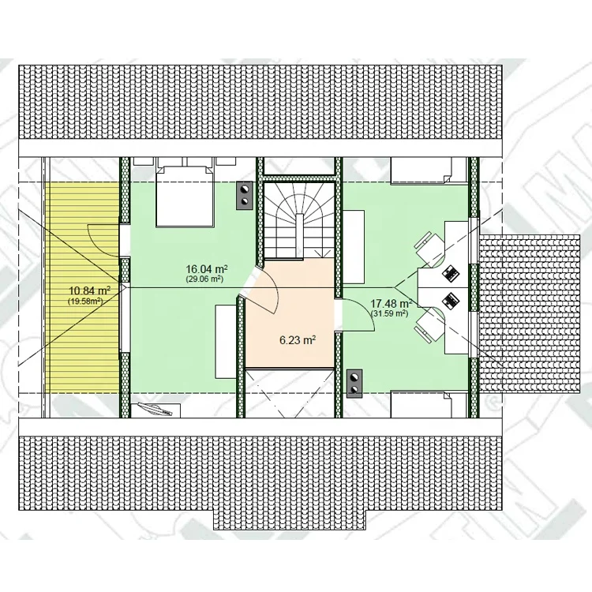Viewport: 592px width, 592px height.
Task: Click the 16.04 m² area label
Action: pos(207,269)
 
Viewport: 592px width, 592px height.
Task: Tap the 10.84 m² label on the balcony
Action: pos(89,290)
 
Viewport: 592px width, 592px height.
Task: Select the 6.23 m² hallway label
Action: pos(298,340)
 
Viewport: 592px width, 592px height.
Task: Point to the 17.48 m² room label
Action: pos(391,304)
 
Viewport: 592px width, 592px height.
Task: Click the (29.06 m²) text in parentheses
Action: pos(204,279)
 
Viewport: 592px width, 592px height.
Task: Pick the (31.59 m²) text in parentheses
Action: pos(390,313)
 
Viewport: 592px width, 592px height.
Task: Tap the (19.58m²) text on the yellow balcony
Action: pos(86,301)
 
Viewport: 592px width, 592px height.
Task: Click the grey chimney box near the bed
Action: pos(245,195)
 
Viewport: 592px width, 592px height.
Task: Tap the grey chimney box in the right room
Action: pos(354,383)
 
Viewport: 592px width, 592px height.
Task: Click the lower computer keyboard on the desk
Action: pos(450,301)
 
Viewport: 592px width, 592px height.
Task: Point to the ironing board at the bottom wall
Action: pos(155,409)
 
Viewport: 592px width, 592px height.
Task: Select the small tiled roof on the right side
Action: pos(529,314)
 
